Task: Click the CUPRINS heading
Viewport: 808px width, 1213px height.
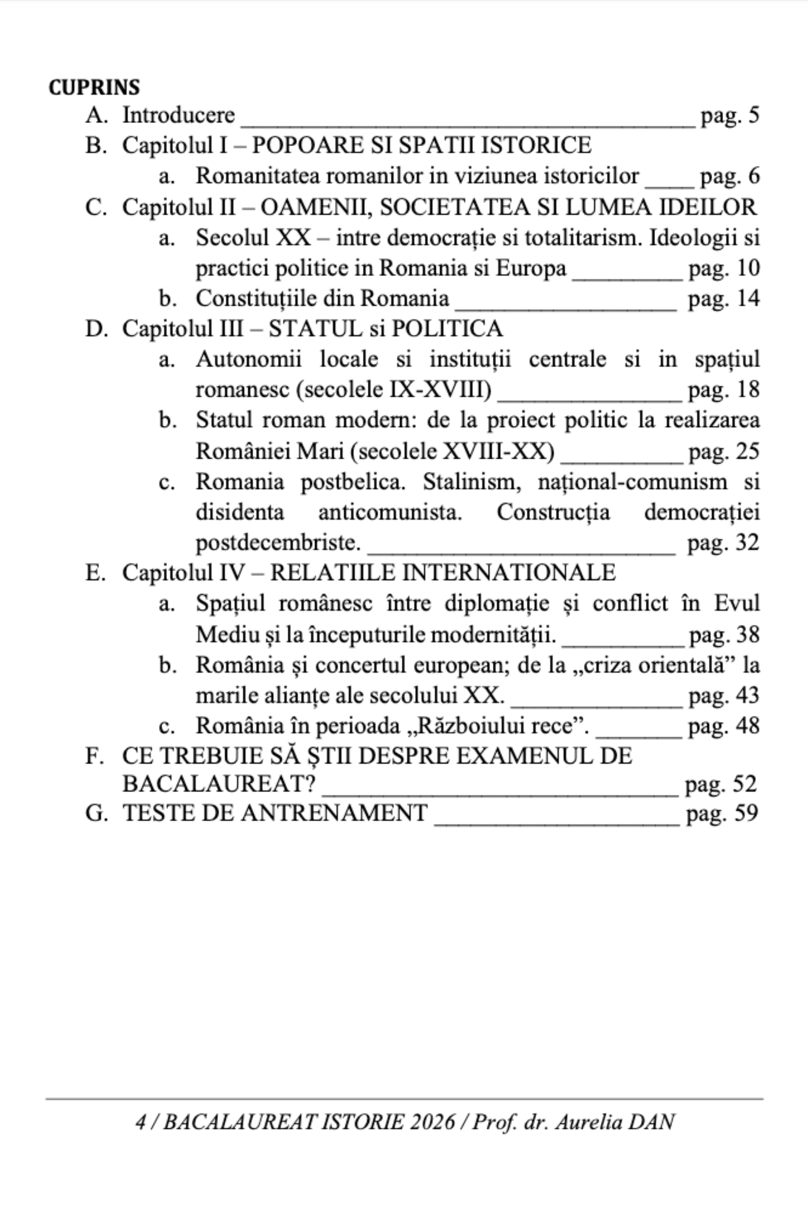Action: coord(94,87)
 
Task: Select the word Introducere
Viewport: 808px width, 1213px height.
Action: coord(179,115)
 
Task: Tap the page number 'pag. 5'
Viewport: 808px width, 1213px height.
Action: coord(729,115)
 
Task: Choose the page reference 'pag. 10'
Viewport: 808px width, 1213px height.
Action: coord(723,268)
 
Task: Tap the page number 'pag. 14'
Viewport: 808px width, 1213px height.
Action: coord(723,298)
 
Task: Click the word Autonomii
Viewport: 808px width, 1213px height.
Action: coord(248,359)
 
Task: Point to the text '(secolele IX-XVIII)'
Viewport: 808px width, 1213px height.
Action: coord(394,390)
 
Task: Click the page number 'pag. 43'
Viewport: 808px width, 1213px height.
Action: coord(723,695)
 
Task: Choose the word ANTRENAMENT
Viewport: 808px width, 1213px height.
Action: coord(335,813)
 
